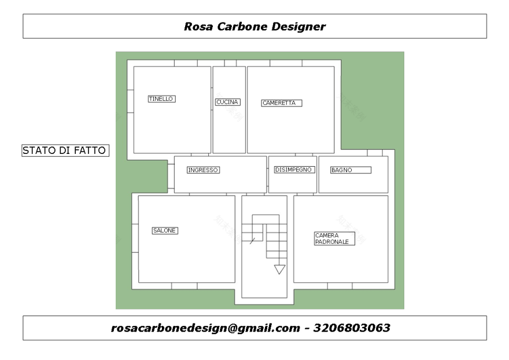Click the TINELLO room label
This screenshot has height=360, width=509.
point(161,99)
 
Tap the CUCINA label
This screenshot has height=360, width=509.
point(227,102)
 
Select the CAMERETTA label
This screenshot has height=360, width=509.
point(282,103)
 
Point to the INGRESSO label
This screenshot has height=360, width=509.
point(203,170)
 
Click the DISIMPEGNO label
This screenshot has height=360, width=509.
point(294,170)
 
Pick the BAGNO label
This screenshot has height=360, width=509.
point(351,170)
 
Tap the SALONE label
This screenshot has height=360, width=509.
point(165,231)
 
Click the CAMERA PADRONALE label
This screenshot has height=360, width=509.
point(334,238)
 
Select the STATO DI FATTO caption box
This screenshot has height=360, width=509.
point(65,150)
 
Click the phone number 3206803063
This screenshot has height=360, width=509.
point(352,328)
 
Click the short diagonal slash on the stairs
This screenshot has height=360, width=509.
point(252,241)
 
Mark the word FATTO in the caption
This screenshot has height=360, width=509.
point(90,150)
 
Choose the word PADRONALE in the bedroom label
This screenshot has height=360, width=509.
point(332,242)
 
